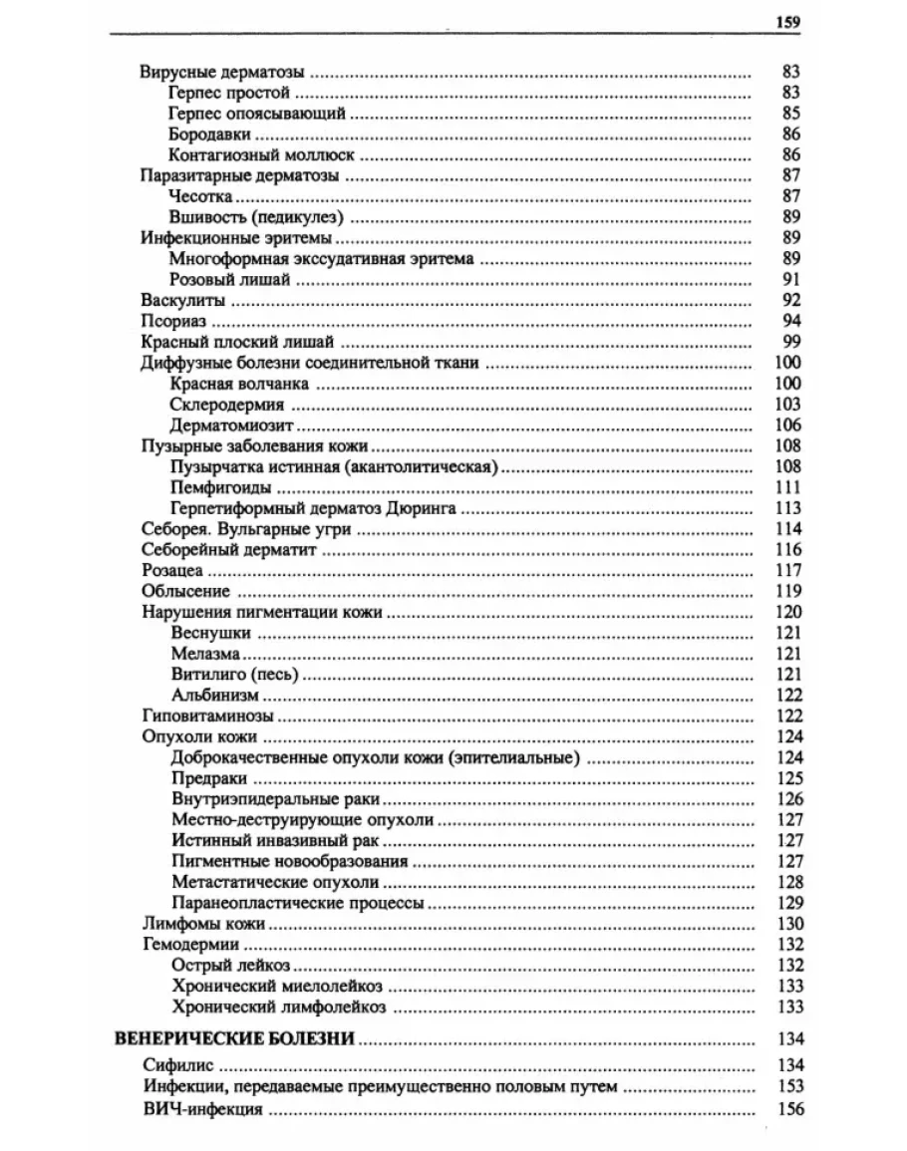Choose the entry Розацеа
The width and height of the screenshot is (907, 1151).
coord(172,570)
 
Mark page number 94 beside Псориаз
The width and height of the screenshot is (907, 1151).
coord(792,320)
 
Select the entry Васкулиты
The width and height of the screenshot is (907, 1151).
coord(182,299)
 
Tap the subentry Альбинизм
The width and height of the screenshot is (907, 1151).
coord(215,695)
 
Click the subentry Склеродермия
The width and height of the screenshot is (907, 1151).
coord(227,405)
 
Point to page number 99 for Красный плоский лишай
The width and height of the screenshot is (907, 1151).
coord(792,341)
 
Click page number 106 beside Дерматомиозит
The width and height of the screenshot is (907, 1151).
coord(787,425)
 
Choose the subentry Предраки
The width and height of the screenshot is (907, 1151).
coord(209,778)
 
